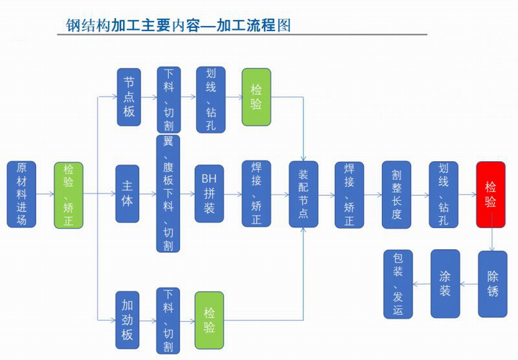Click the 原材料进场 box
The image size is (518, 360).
(x=21, y=194)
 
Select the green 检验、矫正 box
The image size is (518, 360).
(x=68, y=194)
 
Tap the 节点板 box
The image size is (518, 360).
(x=128, y=96)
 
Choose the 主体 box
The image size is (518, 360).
(x=127, y=194)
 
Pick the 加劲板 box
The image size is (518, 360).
(x=127, y=320)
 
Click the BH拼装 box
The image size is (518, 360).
(x=209, y=194)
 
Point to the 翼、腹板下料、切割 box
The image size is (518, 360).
(x=168, y=194)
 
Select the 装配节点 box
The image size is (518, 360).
(x=304, y=194)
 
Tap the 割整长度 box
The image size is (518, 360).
(x=396, y=194)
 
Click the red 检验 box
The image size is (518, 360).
(x=491, y=194)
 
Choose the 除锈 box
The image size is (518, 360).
(x=492, y=284)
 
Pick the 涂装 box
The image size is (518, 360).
(x=445, y=284)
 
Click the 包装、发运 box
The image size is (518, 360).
(x=398, y=284)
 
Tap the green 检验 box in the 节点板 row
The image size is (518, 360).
(x=256, y=96)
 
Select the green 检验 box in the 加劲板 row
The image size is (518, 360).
(x=209, y=320)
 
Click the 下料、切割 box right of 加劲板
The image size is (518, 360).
(x=168, y=320)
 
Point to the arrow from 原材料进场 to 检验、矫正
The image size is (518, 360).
(x=45, y=195)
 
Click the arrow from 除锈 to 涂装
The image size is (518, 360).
(x=469, y=284)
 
